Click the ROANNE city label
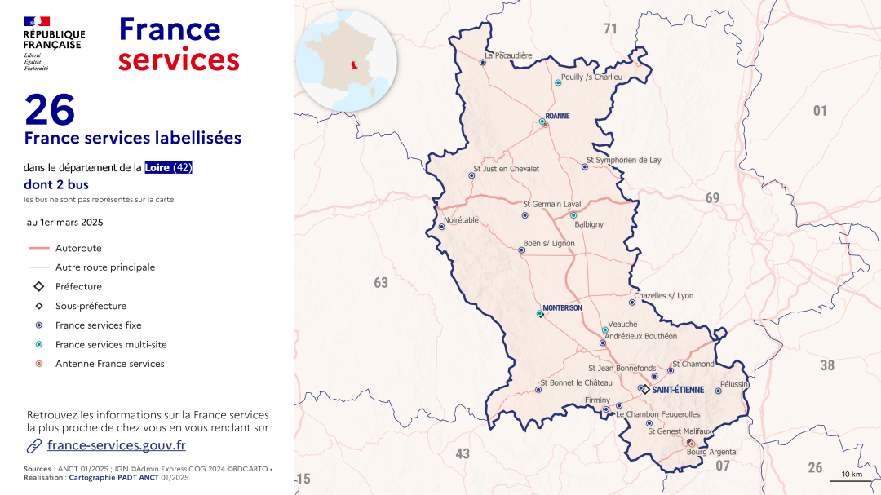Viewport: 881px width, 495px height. [557, 117]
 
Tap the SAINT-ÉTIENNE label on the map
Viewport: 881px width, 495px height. [677, 390]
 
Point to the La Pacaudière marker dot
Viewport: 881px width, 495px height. [485, 62]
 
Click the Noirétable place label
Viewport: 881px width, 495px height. [461, 220]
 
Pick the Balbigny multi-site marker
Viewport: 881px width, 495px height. [573, 215]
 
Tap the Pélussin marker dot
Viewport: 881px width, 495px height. [718, 391]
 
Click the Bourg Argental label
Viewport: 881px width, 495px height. [712, 452]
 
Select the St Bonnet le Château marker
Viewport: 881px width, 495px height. [538, 390]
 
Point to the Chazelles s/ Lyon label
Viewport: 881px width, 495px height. [663, 295]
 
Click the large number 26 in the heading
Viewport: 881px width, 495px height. [51, 110]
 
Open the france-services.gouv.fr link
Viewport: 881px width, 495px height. [117, 445]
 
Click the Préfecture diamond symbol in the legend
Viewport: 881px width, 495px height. [39, 287]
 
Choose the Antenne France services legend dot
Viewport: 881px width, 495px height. [39, 364]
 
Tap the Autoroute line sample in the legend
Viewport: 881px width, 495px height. [39, 248]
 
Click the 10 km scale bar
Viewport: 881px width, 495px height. [851, 480]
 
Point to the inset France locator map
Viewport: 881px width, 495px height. [346, 61]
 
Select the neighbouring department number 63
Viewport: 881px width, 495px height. [381, 283]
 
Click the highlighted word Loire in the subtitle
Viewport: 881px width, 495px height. [158, 168]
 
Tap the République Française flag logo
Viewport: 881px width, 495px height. [37, 21]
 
